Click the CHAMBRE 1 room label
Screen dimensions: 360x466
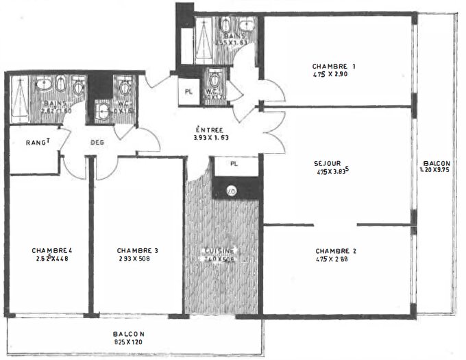pos(335,66)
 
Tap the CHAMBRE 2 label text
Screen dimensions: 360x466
pos(336,251)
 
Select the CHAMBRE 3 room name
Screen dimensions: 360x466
pos(138,250)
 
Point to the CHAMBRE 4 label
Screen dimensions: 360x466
pos(52,250)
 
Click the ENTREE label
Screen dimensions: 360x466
pos(208,129)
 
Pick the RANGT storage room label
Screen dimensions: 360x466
pos(38,142)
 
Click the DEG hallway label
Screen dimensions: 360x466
pos(97,143)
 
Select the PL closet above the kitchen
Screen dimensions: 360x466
pos(234,164)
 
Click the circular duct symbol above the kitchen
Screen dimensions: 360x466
pos(231,190)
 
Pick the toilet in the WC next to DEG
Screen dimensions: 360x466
pos(125,87)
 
